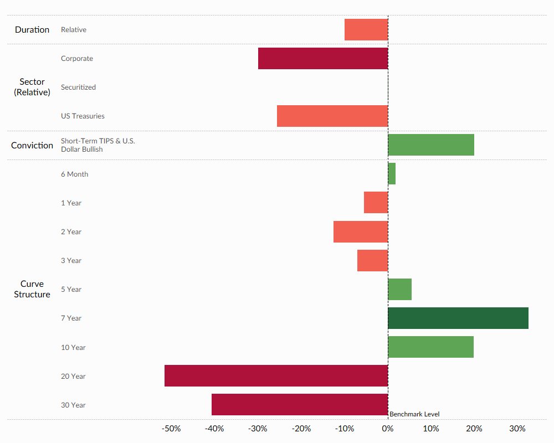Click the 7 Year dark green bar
click(458, 318)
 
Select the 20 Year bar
click(276, 376)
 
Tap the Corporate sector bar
click(323, 59)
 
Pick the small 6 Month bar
click(392, 174)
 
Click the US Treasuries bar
click(332, 116)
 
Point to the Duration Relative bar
click(366, 30)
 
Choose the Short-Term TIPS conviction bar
click(431, 145)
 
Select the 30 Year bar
click(300, 405)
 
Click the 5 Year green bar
click(399, 290)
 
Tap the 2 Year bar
click(361, 231)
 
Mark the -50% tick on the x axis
click(171, 429)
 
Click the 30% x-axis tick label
click(517, 429)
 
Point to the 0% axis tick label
click(388, 429)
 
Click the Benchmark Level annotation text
click(414, 414)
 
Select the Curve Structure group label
click(32, 289)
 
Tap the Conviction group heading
click(32, 146)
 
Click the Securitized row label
click(78, 87)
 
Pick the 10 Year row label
click(73, 348)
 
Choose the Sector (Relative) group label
click(32, 87)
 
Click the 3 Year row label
click(71, 261)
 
